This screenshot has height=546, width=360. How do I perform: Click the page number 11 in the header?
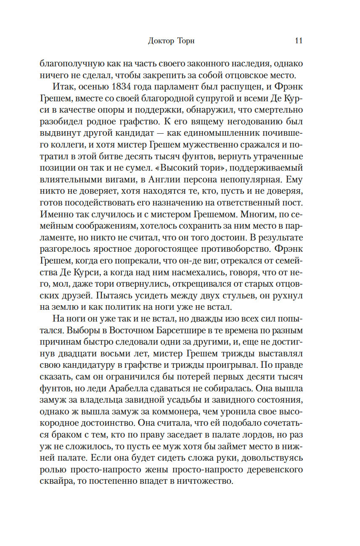(299, 41)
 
